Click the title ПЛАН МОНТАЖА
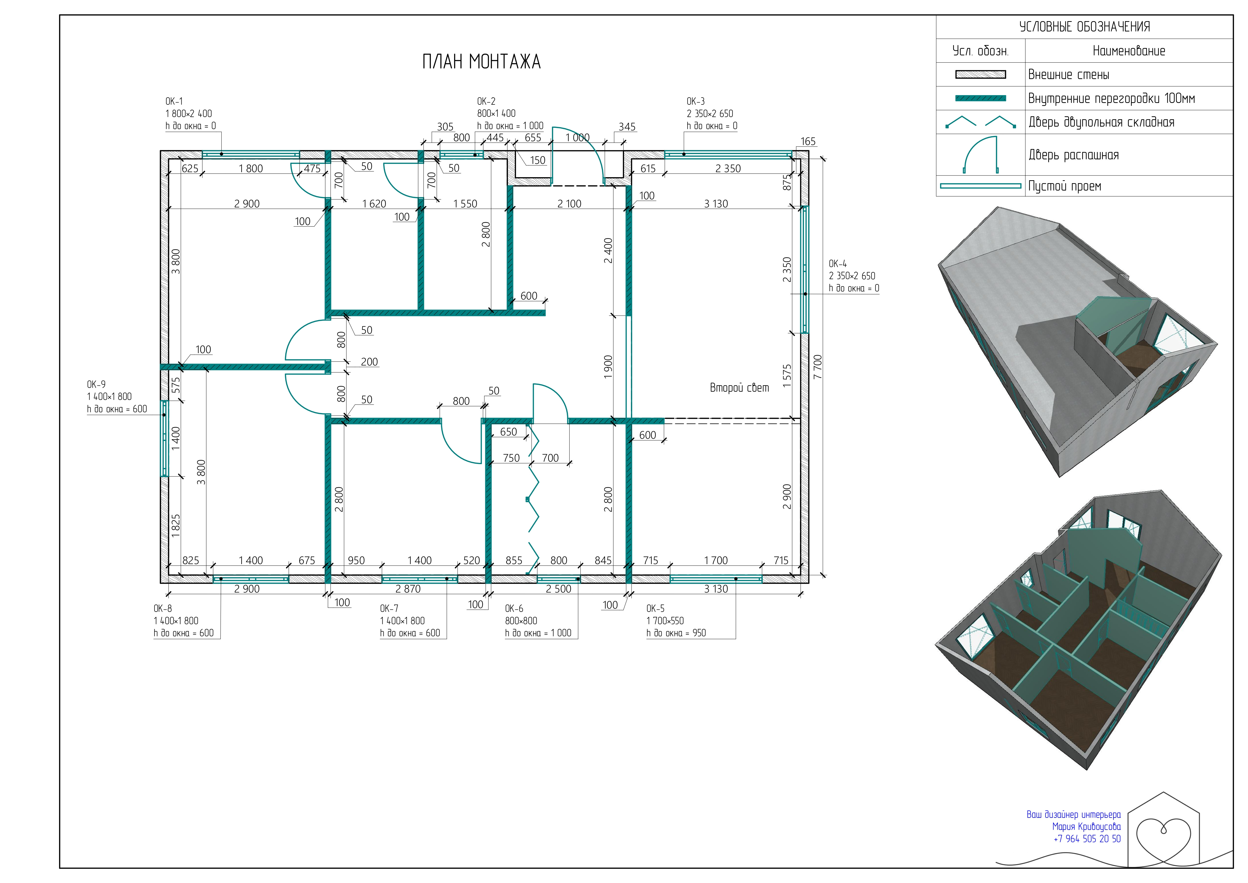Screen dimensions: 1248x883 tap(481, 61)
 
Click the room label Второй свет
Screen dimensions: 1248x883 tap(739, 388)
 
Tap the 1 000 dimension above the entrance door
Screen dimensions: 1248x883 tap(577, 138)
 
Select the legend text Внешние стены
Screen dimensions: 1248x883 tap(1069, 75)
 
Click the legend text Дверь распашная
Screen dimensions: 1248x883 tap(1073, 155)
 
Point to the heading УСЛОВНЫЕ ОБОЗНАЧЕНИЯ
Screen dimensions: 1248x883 tap(1084, 27)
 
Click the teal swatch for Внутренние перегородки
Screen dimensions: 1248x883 tap(981, 98)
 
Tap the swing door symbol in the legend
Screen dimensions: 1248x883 tap(981, 155)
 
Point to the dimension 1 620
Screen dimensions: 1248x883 tap(374, 204)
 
